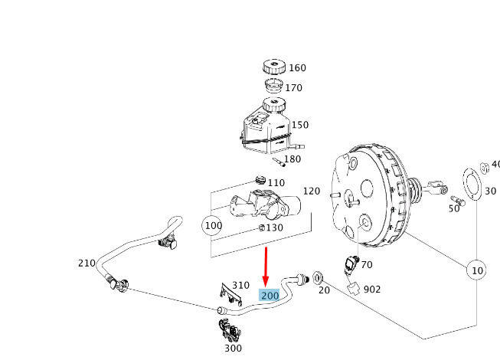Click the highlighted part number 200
pos(270,296)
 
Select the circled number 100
pos(212,226)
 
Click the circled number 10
pos(477,270)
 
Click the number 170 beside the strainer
pos(294,88)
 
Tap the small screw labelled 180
pos(277,162)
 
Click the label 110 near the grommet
pos(276,183)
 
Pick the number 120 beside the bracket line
pos(312,191)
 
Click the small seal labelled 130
pos(262,227)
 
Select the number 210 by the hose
pos(87,263)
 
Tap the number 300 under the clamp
pos(232,348)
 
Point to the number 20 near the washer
pos(323,290)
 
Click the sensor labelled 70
pos(350,264)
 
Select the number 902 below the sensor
pos(372,290)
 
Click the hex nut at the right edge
pos(485,167)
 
